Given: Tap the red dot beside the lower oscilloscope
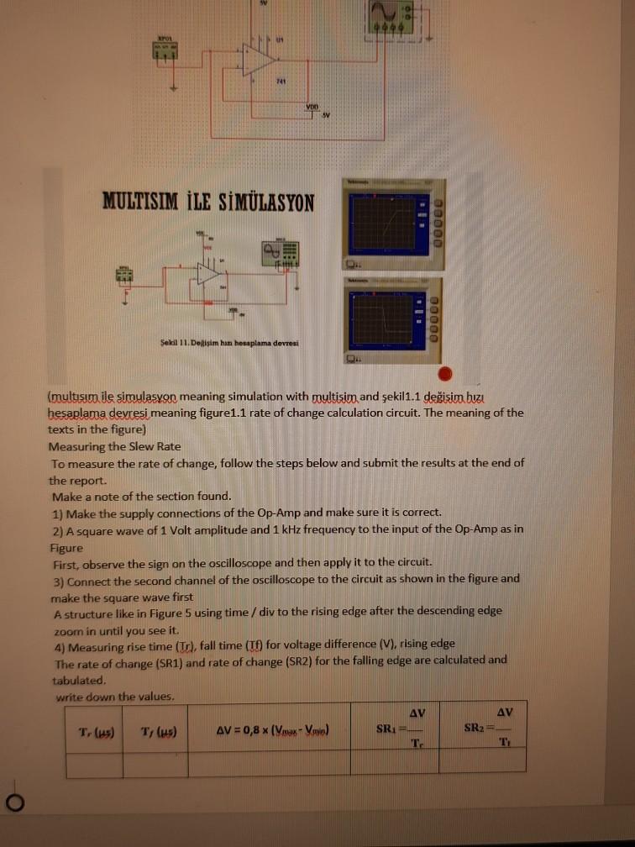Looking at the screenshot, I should coord(445,373).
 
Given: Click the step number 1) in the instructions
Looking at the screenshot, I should coord(58,513).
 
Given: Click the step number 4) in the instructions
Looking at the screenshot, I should coord(58,644).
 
